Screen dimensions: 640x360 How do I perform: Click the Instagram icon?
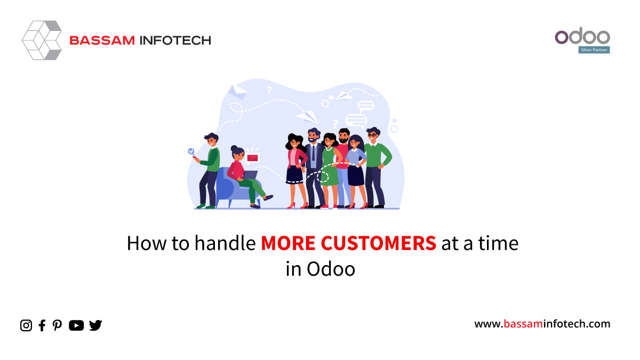[x=26, y=325]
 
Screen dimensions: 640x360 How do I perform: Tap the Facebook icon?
[x=42, y=325]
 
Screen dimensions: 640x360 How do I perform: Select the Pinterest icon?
[x=57, y=325]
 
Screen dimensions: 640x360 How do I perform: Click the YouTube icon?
[x=76, y=325]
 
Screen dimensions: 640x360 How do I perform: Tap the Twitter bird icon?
[x=95, y=325]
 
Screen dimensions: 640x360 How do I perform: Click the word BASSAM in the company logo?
[x=102, y=41]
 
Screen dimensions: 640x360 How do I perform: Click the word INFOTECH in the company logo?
[x=175, y=41]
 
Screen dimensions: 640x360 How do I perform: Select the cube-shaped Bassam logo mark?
[x=42, y=41]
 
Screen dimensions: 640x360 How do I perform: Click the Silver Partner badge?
[x=594, y=50]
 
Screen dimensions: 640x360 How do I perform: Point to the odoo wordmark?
[x=582, y=36]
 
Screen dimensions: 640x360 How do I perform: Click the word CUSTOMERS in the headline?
[x=378, y=243]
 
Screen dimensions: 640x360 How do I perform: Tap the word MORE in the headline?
[x=288, y=243]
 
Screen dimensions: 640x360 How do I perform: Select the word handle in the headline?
[x=225, y=243]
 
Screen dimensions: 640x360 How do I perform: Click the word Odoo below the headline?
[x=331, y=269]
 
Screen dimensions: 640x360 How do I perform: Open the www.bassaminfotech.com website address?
[x=542, y=324]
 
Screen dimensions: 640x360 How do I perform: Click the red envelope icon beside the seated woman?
[x=253, y=158]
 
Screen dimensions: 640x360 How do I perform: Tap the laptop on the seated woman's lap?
[x=250, y=175]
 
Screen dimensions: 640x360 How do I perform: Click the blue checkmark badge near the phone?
[x=191, y=151]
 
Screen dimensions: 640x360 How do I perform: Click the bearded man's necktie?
[x=314, y=153]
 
